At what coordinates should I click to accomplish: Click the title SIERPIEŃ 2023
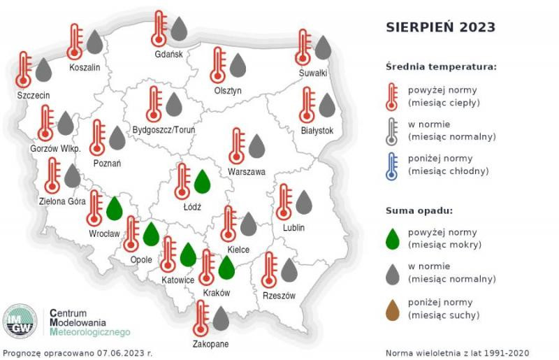point(440,27)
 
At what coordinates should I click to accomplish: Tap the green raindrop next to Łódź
point(202,181)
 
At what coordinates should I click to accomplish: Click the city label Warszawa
point(247,172)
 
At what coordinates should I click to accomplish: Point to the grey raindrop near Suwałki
point(322,47)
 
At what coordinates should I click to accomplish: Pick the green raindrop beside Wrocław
point(115,208)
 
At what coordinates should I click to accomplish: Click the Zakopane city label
point(212,344)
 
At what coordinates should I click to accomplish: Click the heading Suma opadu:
point(419,210)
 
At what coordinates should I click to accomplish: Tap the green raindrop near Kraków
point(225,267)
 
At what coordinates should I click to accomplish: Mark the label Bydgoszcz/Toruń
point(164,130)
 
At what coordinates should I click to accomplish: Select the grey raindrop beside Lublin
point(303,201)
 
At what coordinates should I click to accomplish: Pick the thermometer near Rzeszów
point(269,269)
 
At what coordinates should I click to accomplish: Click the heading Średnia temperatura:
point(441,67)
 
